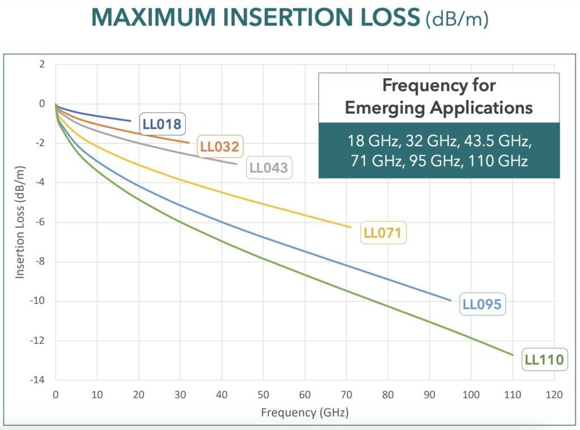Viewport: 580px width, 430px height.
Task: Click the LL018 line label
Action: coord(161,124)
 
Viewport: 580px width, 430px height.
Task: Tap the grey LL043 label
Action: coord(268,168)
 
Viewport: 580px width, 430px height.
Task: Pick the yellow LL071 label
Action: coord(383,233)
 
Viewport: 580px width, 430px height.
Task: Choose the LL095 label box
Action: coord(482,304)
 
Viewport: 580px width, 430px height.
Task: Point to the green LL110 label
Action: coord(544,359)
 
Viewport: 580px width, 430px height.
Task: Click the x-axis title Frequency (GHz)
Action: coord(305,412)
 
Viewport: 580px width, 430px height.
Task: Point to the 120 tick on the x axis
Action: coord(553,394)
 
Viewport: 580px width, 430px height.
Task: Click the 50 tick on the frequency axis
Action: coord(263,394)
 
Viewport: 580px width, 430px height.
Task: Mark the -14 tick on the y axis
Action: coord(38,380)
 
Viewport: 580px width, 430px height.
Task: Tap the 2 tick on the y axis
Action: coord(41,64)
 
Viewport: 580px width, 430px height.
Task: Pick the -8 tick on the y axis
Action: coord(40,262)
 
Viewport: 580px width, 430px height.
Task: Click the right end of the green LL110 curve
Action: coord(513,355)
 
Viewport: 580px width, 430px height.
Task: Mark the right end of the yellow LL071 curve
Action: coord(351,227)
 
